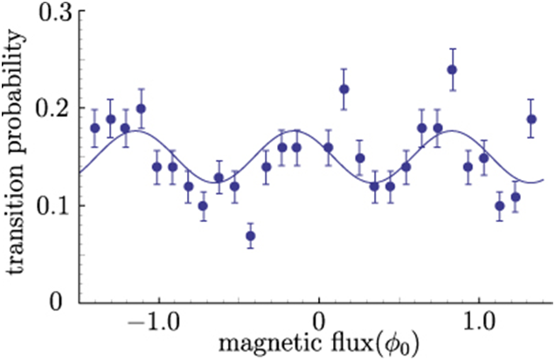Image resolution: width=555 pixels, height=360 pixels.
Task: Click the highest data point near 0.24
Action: pyautogui.click(x=452, y=70)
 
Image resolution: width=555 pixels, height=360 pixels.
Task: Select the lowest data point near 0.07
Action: pyautogui.click(x=250, y=236)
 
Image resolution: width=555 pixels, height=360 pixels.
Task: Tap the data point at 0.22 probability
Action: pyautogui.click(x=343, y=89)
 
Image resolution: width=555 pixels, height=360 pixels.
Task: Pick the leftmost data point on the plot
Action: pyautogui.click(x=95, y=128)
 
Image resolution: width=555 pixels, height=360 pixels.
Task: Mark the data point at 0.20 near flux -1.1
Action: pyautogui.click(x=141, y=108)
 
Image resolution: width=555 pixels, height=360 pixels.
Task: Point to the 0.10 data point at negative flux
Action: pyautogui.click(x=203, y=206)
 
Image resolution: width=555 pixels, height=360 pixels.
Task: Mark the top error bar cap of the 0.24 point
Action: pyautogui.click(x=452, y=49)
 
